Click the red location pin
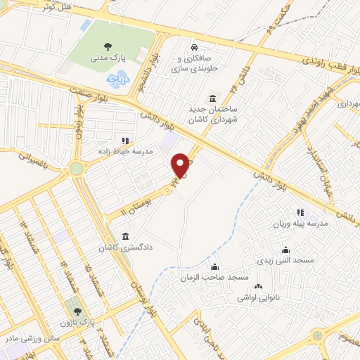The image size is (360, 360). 181,165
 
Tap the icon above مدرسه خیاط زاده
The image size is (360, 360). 126,140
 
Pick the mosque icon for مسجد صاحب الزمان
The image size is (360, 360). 214,267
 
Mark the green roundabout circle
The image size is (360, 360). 76,168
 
